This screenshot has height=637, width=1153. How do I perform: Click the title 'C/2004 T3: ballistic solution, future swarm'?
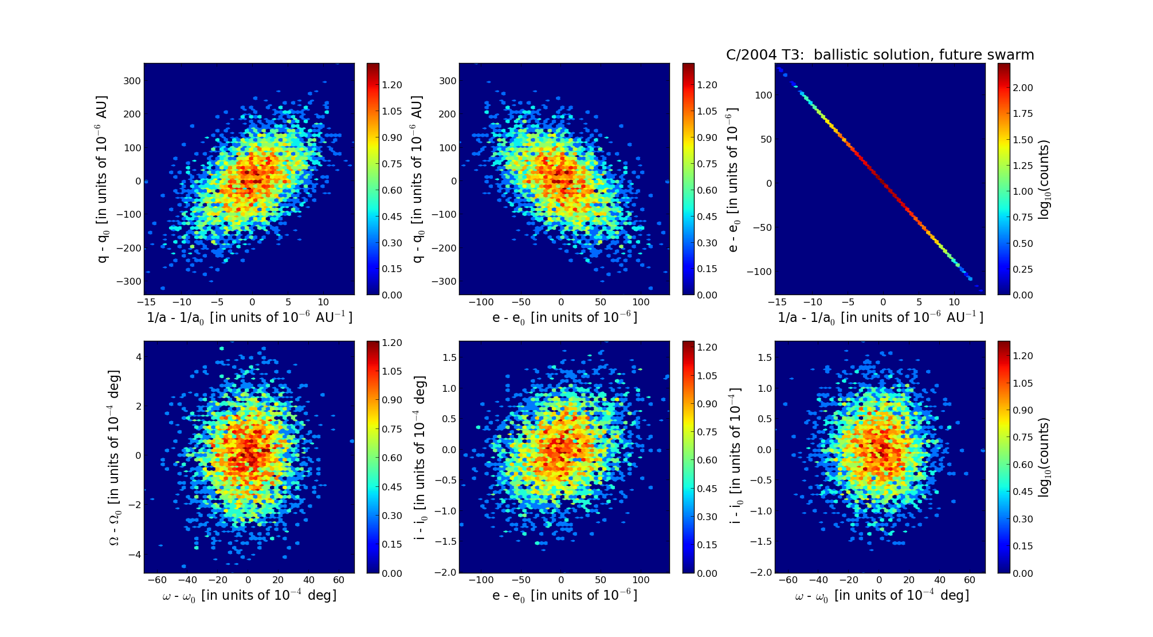point(880,55)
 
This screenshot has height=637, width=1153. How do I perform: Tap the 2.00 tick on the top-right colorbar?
point(1023,88)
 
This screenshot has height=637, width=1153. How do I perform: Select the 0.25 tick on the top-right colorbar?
point(1023,269)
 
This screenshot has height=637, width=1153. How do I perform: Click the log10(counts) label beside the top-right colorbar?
point(1044,179)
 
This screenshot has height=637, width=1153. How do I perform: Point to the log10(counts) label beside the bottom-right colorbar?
point(1044,457)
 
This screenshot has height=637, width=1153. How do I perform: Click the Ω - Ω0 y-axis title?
point(114,457)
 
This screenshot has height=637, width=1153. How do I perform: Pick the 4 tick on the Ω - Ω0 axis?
point(137,356)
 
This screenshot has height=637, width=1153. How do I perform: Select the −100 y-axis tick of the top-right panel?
point(757,272)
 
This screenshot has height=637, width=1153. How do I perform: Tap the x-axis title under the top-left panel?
point(249,317)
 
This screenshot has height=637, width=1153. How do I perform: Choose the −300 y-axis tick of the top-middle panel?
point(443,281)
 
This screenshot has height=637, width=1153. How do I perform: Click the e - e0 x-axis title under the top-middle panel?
point(564,317)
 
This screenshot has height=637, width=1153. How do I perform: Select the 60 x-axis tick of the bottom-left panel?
point(339,580)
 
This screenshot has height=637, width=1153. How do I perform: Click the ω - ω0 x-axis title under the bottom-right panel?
point(881,596)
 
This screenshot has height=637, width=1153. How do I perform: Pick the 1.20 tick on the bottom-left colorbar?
point(392,343)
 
